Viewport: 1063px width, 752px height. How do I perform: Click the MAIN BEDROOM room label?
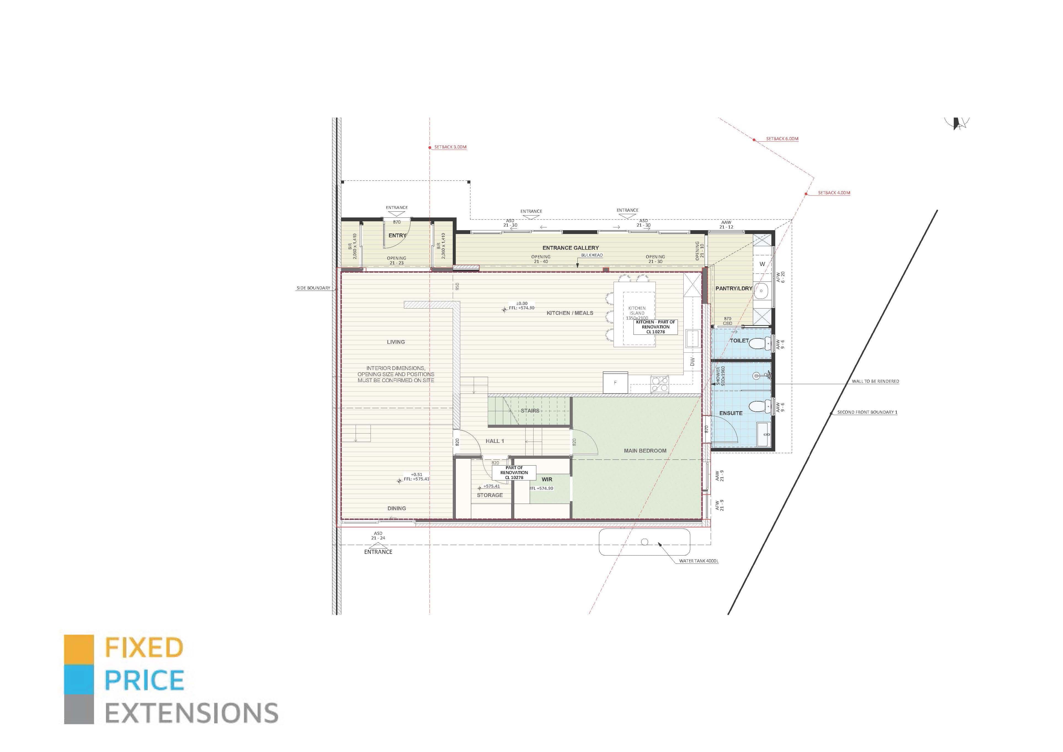point(645,451)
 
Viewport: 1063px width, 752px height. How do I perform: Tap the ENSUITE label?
point(731,413)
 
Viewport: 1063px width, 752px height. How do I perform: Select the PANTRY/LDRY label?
point(734,288)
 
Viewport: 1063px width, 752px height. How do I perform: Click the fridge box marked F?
point(615,382)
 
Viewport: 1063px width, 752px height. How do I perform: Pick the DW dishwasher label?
point(692,362)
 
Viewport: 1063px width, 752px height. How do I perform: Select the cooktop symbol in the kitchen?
point(660,384)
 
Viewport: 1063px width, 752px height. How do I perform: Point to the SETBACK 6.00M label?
point(782,139)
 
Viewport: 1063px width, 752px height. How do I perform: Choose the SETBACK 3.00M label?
point(450,147)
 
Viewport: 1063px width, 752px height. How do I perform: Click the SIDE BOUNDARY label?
point(313,288)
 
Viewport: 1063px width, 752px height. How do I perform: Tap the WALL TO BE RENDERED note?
point(875,382)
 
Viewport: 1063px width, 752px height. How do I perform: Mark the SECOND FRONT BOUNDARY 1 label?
point(867,412)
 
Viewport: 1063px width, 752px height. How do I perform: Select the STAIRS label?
point(530,411)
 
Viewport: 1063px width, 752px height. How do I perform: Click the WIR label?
point(547,479)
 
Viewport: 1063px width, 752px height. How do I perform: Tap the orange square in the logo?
point(79,649)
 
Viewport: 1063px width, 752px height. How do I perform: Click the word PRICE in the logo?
point(145,680)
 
